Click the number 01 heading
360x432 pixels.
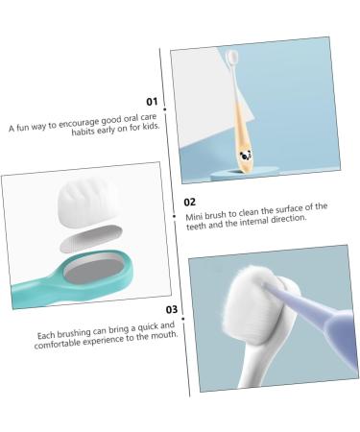click(x=151, y=101)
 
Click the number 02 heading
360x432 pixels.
click(x=190, y=202)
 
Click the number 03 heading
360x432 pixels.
click(x=172, y=309)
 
